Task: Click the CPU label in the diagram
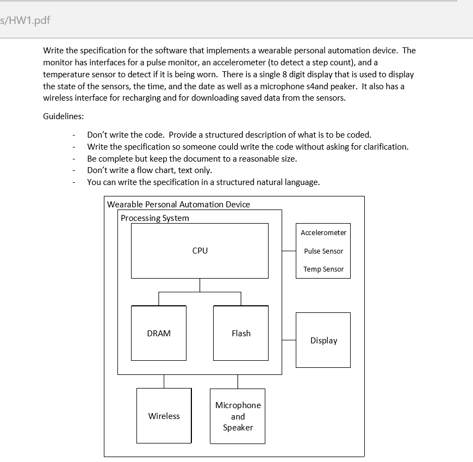200,251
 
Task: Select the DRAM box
159,333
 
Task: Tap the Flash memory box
241,333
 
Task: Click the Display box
323,340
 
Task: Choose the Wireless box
164,416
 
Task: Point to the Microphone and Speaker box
238,416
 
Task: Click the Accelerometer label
323,232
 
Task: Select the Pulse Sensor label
323,251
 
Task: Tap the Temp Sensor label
323,269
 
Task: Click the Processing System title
155,218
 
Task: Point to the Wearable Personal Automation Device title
178,204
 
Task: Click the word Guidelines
63,116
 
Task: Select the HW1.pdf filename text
27,20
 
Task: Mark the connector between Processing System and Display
289,340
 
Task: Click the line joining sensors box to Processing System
289,251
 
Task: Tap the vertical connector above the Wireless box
164,381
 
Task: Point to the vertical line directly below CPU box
200,285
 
